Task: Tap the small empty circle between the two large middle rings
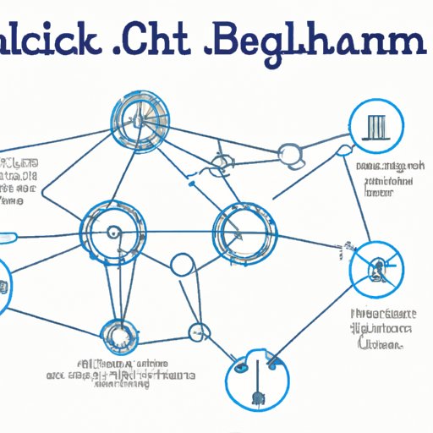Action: (183, 265)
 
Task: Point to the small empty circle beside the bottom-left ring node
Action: (200, 332)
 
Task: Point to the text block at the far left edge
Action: (17, 179)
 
